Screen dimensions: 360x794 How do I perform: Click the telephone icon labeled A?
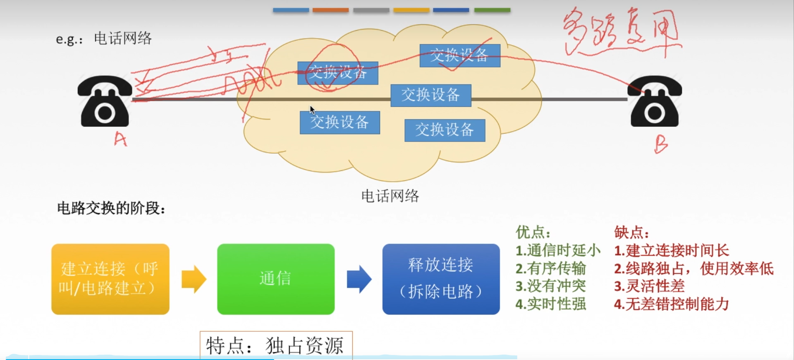105,101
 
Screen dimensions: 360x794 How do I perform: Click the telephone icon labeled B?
655,101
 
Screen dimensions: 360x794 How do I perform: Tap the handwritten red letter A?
120,139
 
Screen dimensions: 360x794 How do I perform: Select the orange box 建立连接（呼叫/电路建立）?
110,279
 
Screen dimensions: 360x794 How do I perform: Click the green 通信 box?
276,279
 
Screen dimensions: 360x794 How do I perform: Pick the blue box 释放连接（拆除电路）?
441,279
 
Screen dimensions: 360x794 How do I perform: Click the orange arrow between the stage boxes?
194,279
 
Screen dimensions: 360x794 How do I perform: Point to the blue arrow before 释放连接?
359,279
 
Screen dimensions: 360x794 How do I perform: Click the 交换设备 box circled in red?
338,73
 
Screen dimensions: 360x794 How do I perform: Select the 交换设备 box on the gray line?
430,95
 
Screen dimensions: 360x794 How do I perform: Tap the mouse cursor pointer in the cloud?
312,110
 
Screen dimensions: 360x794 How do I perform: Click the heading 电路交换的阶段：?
111,208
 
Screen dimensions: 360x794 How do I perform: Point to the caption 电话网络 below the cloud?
390,196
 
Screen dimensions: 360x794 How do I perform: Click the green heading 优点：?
533,233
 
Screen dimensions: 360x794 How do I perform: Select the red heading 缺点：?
631,233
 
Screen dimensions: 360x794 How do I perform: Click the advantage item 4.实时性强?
550,304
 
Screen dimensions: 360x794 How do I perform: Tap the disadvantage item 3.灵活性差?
649,286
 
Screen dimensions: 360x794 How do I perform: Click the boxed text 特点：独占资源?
276,345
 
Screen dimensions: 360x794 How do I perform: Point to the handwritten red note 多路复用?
620,31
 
